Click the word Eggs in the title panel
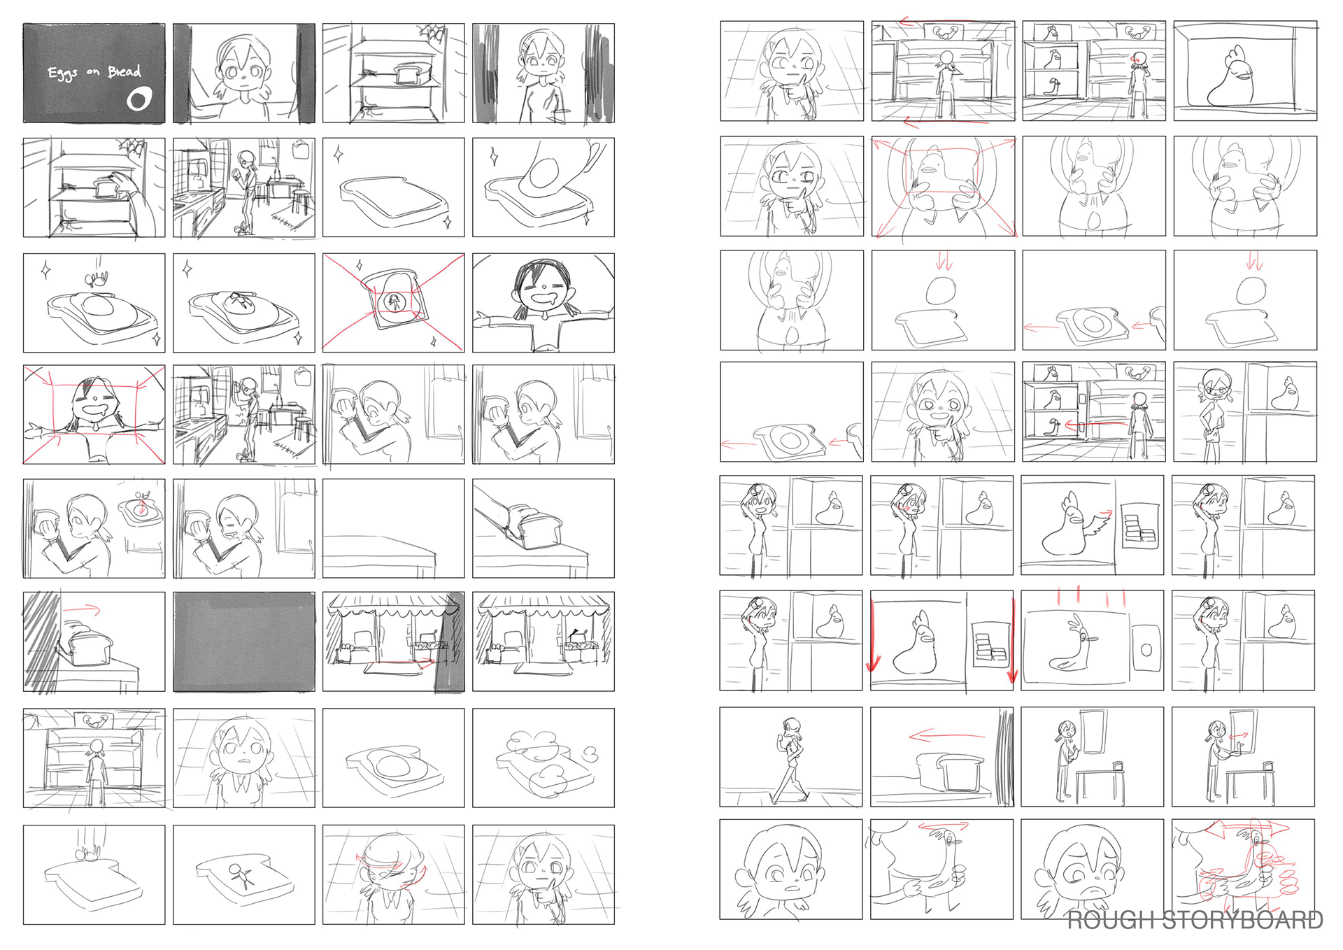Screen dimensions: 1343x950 coord(62,73)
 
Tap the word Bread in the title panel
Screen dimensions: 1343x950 coord(125,71)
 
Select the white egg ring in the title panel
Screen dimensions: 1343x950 coord(138,99)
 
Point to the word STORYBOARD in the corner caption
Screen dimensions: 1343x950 coord(1243,919)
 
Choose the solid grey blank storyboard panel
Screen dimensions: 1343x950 coord(244,641)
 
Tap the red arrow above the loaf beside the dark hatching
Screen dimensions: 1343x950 coord(81,610)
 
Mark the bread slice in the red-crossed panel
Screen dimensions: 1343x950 coord(393,299)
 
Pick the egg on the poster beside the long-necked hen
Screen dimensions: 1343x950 coord(1146,651)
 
